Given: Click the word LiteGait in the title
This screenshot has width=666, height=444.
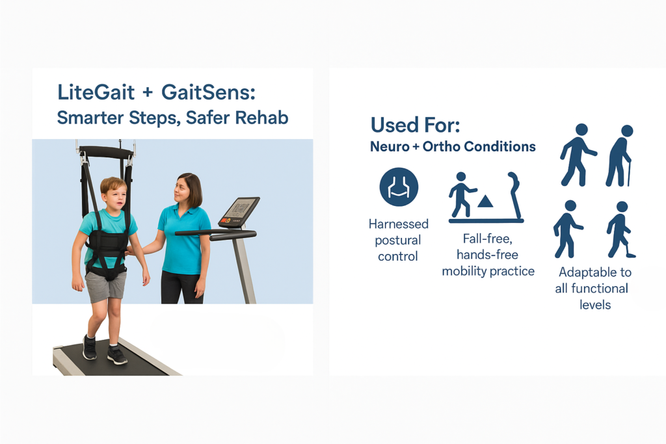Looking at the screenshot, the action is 96,92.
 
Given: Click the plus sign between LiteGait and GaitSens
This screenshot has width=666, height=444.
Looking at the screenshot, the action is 148,93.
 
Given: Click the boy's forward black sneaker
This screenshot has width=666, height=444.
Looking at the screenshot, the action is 117,354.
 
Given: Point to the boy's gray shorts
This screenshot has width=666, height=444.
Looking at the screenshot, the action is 105,286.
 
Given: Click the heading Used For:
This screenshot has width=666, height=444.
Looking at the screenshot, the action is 415,125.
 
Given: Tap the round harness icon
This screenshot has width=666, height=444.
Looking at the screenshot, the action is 399,187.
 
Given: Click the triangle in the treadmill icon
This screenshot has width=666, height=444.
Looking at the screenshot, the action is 485,202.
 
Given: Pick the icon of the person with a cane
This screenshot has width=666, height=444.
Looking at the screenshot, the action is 620,156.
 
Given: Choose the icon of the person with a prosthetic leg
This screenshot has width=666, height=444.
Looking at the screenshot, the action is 620,229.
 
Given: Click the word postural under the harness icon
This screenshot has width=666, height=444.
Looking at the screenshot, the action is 397,241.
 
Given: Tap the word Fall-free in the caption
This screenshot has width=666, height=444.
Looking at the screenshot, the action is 488,239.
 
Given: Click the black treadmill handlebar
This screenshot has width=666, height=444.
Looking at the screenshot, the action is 216,233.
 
